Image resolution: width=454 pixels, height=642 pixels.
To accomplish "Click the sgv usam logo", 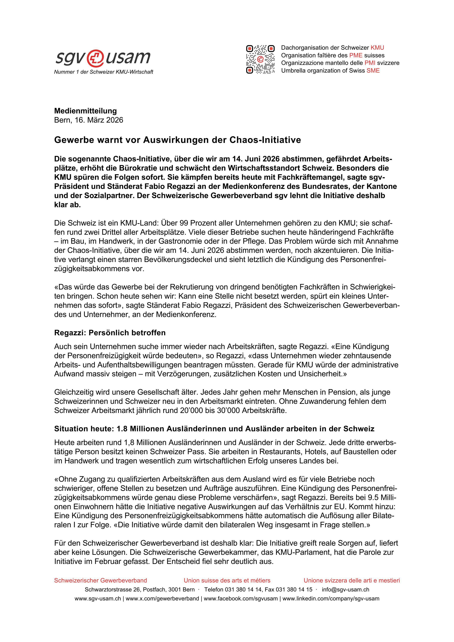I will pyautogui.click(x=103, y=58).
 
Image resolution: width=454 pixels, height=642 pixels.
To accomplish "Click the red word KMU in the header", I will pyautogui.click(x=377, y=48).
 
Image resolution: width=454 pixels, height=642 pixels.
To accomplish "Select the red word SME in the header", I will pyautogui.click(x=373, y=71).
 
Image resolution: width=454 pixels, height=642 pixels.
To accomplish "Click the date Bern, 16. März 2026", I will pyautogui.click(x=89, y=120).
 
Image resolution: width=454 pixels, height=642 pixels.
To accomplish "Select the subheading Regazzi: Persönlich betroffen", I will pyautogui.click(x=110, y=333).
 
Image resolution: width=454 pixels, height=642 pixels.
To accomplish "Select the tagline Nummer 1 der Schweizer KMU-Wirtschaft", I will pyautogui.click(x=103, y=72).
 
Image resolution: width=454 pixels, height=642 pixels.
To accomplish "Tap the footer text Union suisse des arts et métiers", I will pyautogui.click(x=227, y=580).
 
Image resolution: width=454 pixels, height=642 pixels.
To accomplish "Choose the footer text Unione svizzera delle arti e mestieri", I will pyautogui.click(x=352, y=580).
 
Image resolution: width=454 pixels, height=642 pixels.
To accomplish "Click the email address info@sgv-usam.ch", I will pyautogui.click(x=346, y=589).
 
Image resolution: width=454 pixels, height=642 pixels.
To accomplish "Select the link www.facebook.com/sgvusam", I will pyautogui.click(x=241, y=599).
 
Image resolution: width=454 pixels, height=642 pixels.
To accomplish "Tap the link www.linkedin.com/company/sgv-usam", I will pyautogui.click(x=331, y=599).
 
